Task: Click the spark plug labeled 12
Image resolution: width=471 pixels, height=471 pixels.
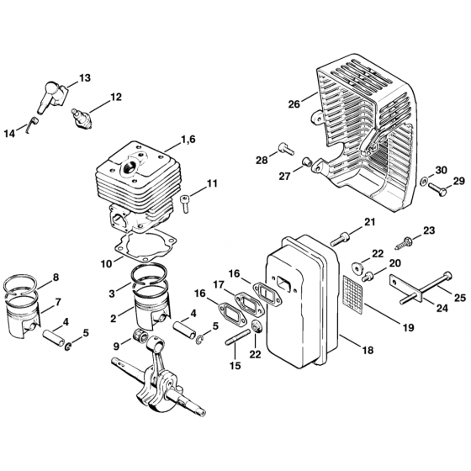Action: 82,119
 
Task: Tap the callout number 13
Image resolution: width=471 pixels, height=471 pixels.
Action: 85,78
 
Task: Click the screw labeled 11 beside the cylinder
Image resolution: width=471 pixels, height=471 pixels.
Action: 184,204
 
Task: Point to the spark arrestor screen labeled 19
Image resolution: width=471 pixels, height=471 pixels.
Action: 353,290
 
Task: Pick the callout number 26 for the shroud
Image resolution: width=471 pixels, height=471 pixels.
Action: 294,104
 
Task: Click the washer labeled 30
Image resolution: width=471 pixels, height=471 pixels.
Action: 424,181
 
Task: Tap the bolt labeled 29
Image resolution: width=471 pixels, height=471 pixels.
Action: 438,189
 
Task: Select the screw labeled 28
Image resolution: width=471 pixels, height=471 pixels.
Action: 286,148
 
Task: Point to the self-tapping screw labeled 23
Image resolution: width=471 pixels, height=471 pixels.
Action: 403,243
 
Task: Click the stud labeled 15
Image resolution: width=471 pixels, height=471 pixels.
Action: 237,337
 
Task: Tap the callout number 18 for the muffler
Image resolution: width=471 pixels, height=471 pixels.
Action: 368,350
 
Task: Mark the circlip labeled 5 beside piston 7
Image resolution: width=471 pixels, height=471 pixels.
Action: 68,347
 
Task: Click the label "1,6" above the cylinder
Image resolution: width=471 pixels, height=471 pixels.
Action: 188,140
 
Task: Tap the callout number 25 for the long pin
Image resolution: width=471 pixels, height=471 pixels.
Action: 460,298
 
